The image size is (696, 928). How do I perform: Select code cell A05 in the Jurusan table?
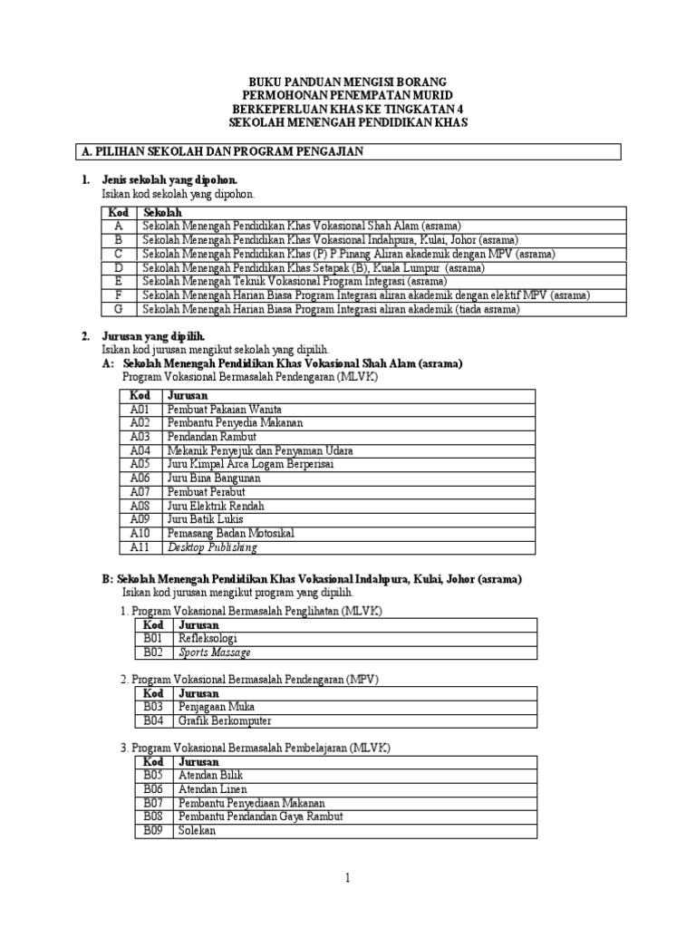coord(139,464)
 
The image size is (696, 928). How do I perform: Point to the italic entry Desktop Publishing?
coord(212,547)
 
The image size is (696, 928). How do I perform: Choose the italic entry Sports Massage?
coord(215,652)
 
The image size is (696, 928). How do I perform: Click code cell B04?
coord(152,720)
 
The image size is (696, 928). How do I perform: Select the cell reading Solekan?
coord(198,830)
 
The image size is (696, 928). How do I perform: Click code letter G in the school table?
coord(118,309)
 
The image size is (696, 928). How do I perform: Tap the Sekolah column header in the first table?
coord(162,212)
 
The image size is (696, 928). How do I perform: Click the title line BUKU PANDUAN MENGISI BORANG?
coord(348,82)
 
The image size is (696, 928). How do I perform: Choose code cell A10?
coord(139,533)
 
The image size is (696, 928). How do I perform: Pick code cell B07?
coord(152,803)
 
